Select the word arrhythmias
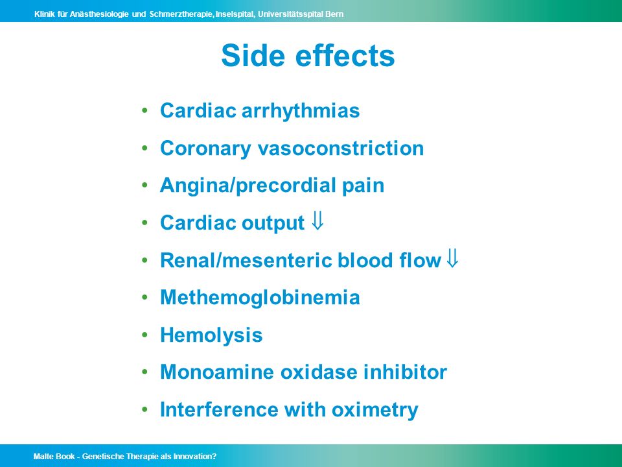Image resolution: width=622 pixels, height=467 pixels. click(x=300, y=111)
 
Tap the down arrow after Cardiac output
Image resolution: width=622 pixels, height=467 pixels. click(x=317, y=221)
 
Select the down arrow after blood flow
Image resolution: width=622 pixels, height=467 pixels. click(x=452, y=257)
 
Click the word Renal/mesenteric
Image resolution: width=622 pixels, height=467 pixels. click(x=246, y=261)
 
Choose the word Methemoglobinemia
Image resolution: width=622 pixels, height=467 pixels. click(x=260, y=298)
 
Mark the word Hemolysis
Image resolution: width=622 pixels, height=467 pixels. click(x=211, y=335)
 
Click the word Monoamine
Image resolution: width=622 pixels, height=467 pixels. click(x=217, y=372)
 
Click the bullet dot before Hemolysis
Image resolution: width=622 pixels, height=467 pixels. click(x=144, y=335)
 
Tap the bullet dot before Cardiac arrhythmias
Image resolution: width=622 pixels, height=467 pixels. click(x=144, y=110)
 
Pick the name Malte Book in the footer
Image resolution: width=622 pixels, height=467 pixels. click(x=54, y=457)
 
